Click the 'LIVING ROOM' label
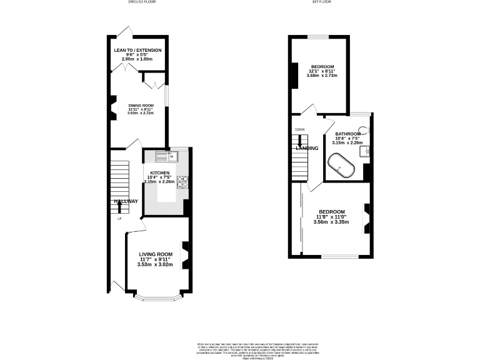point(156,254)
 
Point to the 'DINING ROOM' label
point(141,106)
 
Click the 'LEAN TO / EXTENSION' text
point(137,50)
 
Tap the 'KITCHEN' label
point(160,172)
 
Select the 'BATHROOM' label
point(347,134)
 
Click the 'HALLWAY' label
point(126,201)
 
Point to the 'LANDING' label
point(307,148)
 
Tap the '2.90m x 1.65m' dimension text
point(137,60)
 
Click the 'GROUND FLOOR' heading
point(143,2)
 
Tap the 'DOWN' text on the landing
point(299,129)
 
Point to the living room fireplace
point(184,254)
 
